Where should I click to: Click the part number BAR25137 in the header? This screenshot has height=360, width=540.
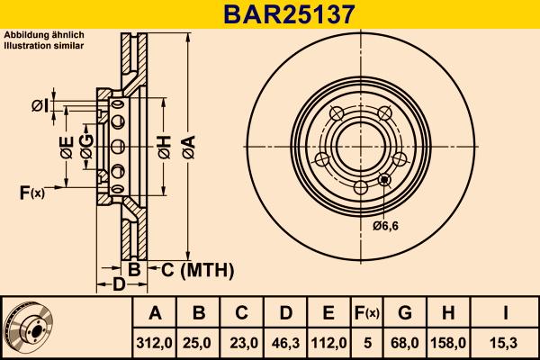point(270,13)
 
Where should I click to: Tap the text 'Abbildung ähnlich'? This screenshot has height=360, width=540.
point(44,35)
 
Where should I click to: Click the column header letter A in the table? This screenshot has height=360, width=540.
point(155,313)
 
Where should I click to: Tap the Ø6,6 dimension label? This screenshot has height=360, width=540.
point(386,225)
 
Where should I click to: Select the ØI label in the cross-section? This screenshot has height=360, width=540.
point(40,106)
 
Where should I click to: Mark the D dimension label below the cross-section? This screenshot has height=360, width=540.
point(119,285)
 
